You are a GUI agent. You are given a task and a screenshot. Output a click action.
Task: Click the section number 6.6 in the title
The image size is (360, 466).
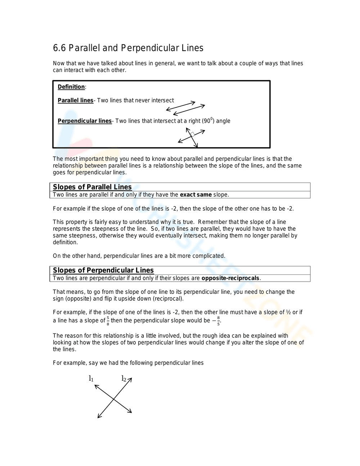(59, 48)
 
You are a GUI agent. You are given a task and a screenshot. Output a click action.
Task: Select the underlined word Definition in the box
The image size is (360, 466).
(71, 87)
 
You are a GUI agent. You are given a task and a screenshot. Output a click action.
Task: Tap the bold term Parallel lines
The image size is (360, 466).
(75, 100)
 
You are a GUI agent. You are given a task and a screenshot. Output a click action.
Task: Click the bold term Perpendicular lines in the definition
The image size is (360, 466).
(85, 121)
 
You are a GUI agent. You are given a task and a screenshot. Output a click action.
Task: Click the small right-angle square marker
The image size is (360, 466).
(192, 134)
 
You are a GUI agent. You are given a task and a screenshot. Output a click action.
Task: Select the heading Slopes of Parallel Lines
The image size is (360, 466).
(92, 187)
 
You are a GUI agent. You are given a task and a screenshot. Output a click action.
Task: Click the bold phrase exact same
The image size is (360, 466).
(196, 195)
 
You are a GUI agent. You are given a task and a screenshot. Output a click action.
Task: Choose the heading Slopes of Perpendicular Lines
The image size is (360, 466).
(103, 270)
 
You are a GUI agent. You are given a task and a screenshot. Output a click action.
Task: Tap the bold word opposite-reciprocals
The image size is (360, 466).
(230, 278)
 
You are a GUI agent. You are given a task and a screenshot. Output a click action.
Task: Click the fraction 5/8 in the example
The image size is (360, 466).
(108, 321)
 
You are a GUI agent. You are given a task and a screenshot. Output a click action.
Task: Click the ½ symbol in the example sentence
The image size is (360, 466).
(288, 312)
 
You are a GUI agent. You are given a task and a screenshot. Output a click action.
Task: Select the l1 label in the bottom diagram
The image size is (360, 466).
(91, 378)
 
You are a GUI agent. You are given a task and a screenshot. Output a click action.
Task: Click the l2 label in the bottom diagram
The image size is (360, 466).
(124, 378)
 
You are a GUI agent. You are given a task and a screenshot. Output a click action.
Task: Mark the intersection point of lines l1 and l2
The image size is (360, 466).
(114, 399)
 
